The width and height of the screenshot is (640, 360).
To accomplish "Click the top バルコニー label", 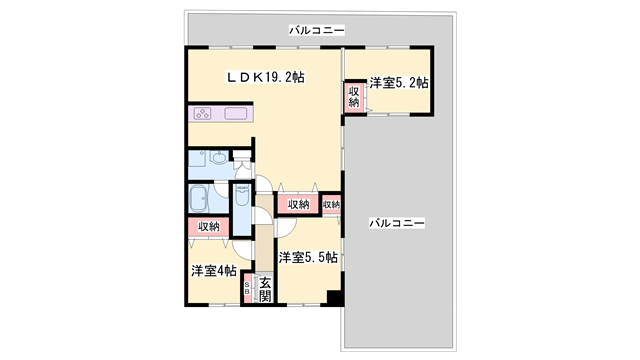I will (x=317, y=31).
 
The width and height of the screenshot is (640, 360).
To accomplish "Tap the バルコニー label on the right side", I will (x=397, y=222).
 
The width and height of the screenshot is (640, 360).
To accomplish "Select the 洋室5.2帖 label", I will (x=398, y=84).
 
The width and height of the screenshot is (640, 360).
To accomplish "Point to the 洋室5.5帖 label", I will (x=307, y=258).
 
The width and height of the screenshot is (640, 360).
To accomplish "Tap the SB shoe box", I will (x=249, y=290).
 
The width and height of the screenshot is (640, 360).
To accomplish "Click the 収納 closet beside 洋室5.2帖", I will (x=354, y=97).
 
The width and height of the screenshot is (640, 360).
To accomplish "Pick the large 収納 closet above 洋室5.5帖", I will (x=298, y=204).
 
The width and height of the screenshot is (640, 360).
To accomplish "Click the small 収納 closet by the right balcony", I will (x=331, y=204).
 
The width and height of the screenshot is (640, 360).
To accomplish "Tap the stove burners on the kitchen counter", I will (x=204, y=114).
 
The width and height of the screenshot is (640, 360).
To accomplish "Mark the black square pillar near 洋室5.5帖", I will (x=335, y=297).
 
